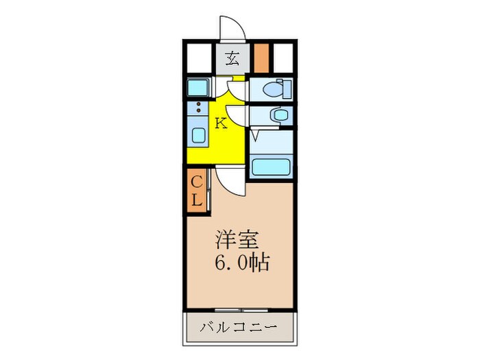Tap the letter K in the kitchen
point(221,123)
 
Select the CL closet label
point(196,191)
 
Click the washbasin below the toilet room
point(279,115)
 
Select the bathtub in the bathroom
point(271,167)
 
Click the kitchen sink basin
point(199,134)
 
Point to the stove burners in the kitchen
point(199,108)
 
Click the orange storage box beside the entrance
point(261,58)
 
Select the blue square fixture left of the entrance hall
point(199,88)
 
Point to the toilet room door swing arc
point(237,90)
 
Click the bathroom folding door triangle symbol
point(254,135)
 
